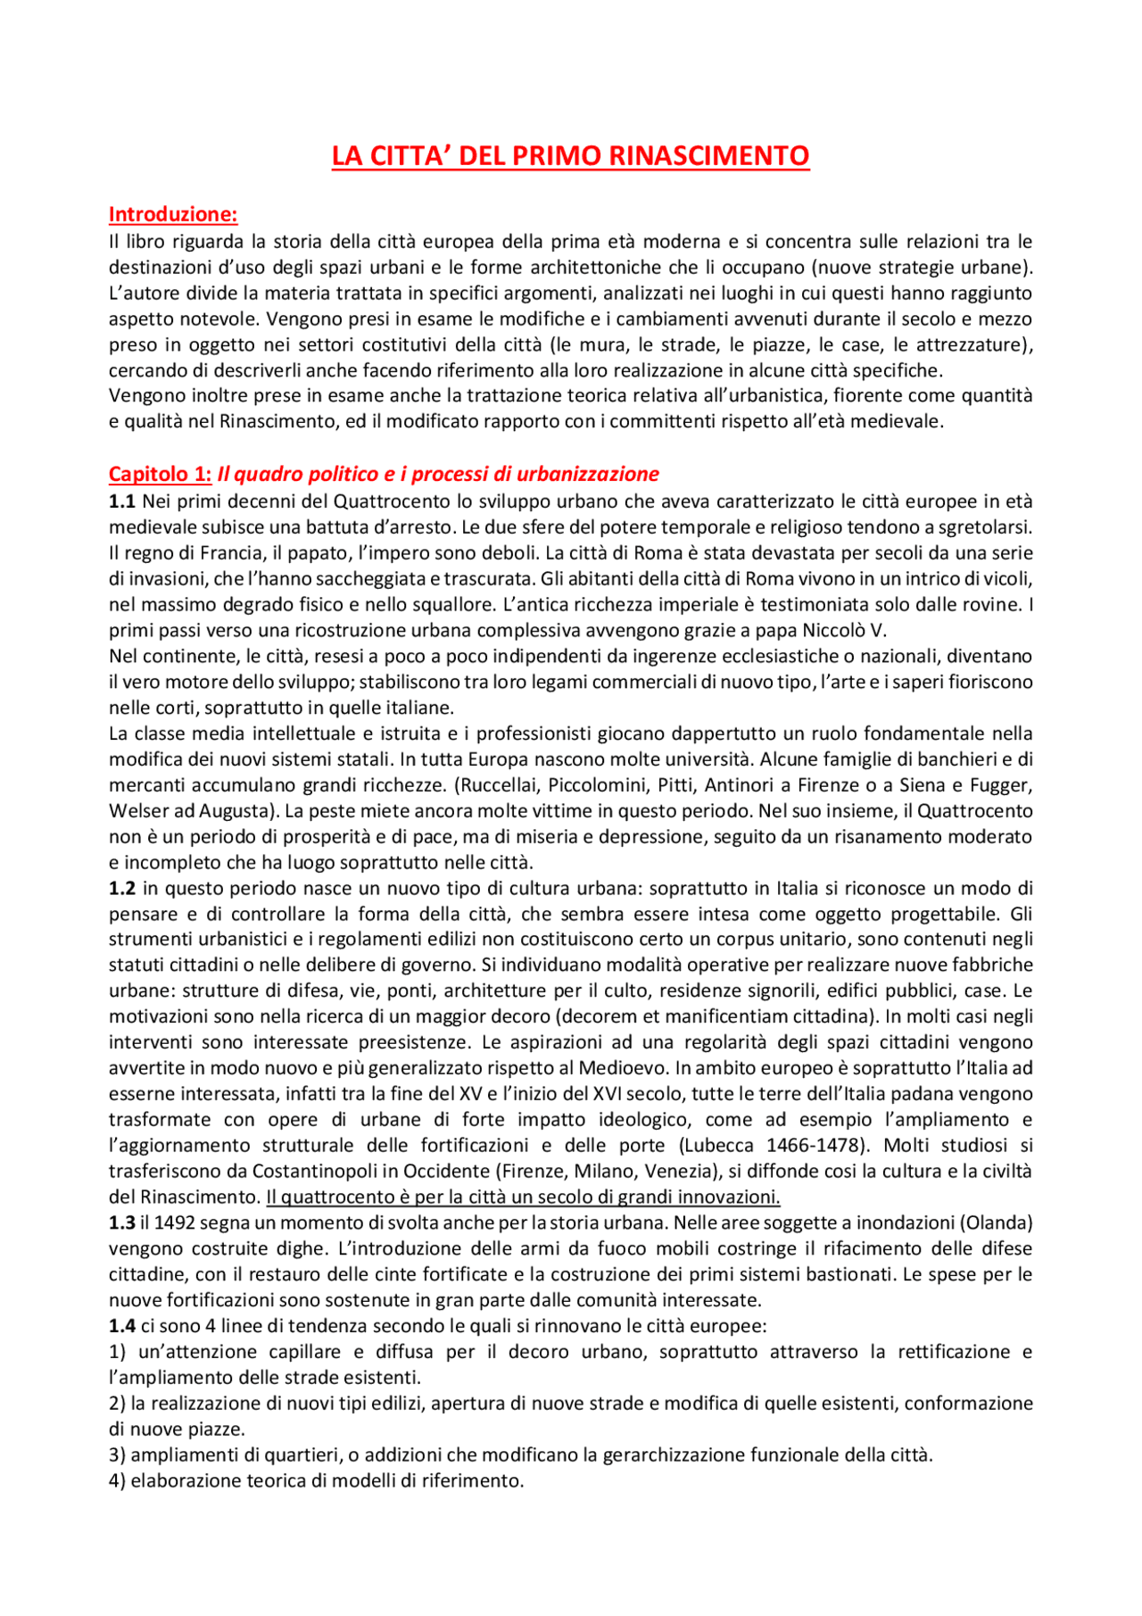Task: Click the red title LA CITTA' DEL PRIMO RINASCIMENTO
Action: point(570,156)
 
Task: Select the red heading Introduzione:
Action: point(173,214)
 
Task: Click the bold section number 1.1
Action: point(122,501)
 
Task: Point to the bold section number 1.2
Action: point(122,888)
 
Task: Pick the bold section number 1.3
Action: point(122,1222)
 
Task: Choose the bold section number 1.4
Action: point(122,1326)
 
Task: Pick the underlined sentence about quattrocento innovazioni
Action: point(523,1197)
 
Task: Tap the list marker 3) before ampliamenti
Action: point(118,1454)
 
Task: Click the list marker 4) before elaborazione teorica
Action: point(118,1480)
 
